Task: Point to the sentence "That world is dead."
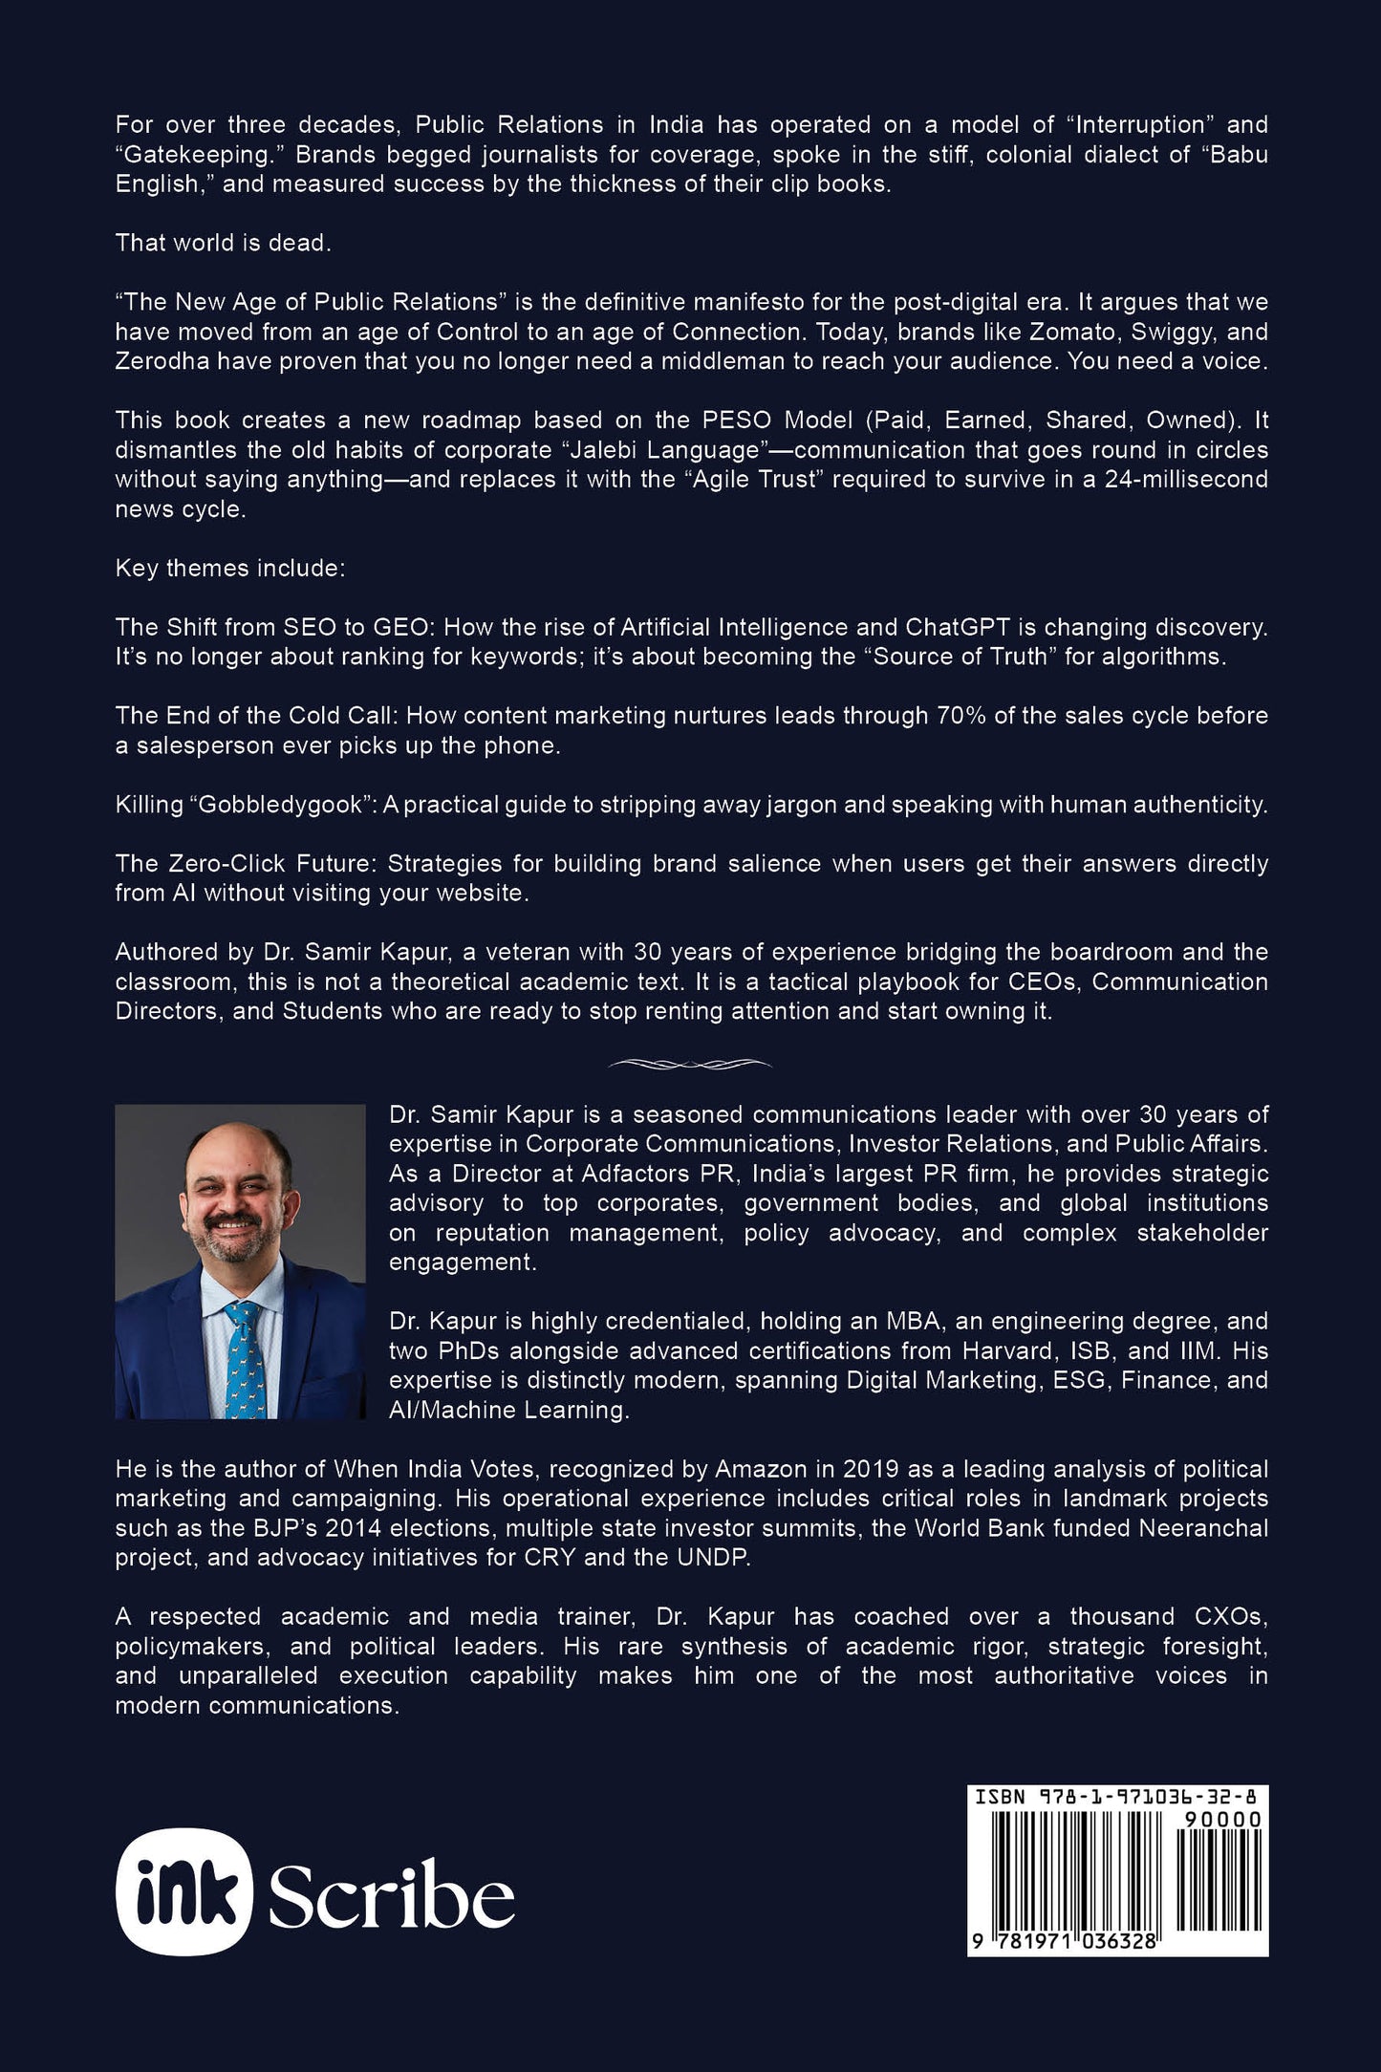[223, 243]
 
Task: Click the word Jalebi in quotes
[591, 450]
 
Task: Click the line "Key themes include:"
[229, 568]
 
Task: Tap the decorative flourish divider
[690, 1063]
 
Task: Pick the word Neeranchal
[1202, 1527]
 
